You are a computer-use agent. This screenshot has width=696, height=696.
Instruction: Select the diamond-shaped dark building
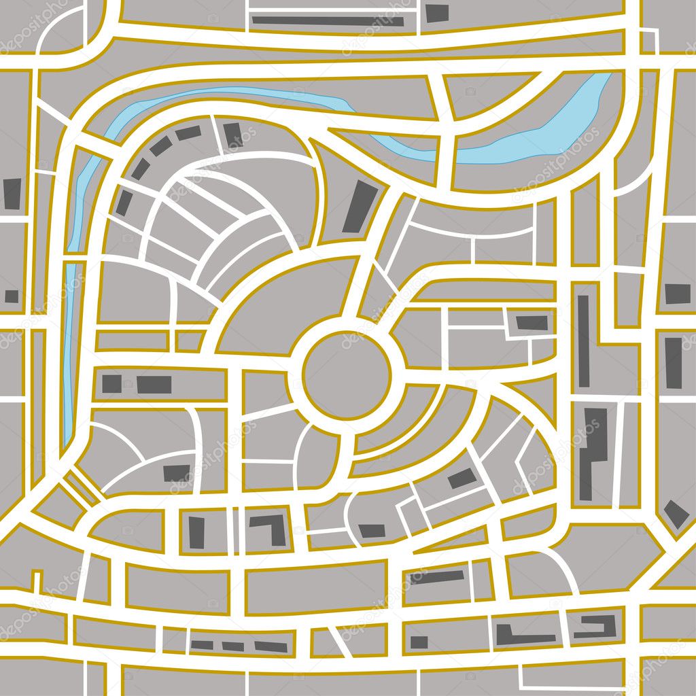click(676, 514)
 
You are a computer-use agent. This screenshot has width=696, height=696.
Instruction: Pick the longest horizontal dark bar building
click(328, 20)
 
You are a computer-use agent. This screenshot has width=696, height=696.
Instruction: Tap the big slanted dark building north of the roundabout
click(360, 207)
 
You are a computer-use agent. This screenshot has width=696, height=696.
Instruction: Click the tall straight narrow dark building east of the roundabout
click(583, 341)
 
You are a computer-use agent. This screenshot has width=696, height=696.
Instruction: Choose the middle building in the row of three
click(232, 645)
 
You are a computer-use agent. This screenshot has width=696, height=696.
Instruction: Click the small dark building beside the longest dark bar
click(438, 13)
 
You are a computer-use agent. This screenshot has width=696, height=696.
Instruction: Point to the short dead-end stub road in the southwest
click(36, 581)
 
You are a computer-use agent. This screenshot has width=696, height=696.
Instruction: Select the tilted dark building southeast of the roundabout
click(462, 478)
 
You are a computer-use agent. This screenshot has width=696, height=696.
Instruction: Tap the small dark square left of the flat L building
click(419, 642)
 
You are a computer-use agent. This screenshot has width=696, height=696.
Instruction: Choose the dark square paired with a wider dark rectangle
click(112, 383)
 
